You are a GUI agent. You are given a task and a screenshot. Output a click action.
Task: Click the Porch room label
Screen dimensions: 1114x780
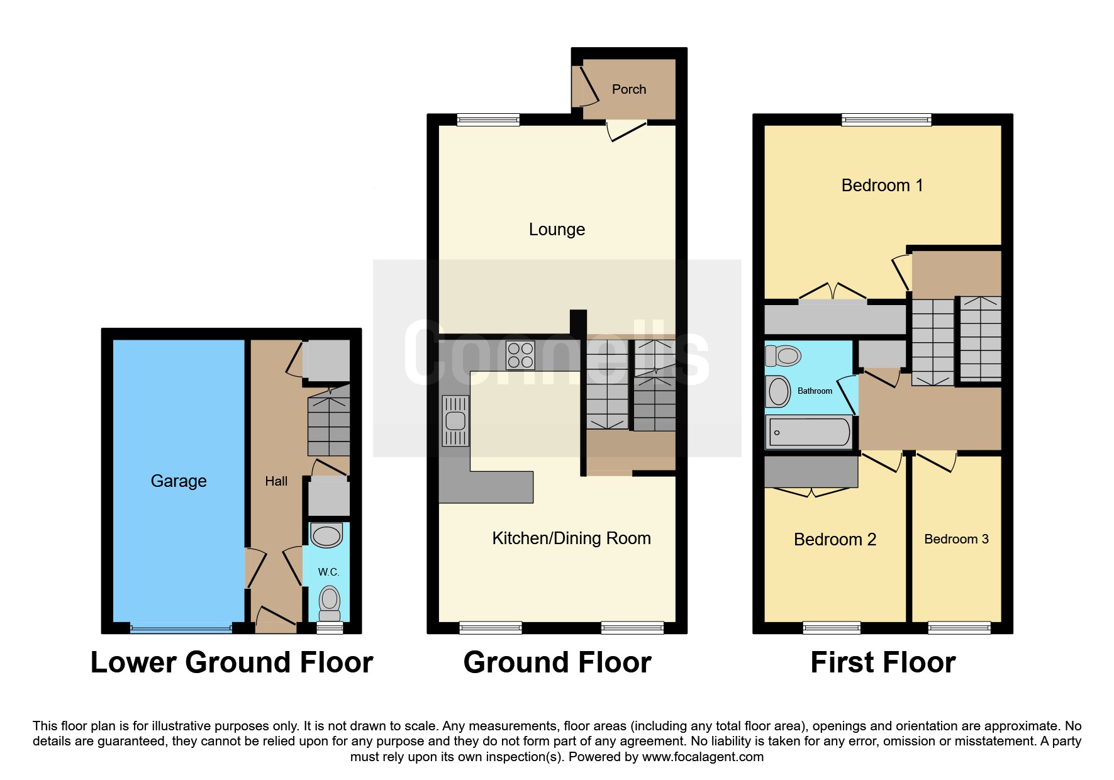coord(629,89)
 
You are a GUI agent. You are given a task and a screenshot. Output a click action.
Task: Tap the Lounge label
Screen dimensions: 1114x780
coord(557,230)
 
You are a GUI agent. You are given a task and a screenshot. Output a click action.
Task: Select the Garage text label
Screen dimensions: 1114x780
coord(179,481)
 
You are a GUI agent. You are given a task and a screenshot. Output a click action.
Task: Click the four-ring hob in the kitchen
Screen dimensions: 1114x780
coord(520,355)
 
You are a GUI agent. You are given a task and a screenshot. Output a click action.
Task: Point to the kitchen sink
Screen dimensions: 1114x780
coord(455,420)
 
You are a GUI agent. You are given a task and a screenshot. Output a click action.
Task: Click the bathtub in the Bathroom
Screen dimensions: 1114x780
coord(810,432)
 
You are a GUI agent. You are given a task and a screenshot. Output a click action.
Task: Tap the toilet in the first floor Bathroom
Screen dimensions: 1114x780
coord(783,356)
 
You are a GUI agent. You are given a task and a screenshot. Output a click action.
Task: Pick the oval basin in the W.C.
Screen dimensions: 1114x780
coord(326,537)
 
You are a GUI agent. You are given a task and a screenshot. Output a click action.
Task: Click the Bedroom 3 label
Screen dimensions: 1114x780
coord(956,539)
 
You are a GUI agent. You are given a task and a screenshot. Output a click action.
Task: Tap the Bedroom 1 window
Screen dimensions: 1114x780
coord(886,120)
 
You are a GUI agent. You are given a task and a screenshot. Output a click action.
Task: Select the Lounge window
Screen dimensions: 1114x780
coord(488,120)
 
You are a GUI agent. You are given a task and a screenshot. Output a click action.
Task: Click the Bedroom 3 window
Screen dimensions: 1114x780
coord(959,627)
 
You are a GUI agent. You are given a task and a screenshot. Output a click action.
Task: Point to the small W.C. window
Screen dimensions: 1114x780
coord(330,628)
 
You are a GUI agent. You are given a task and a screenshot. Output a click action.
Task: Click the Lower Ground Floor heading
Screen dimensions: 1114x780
coord(232,662)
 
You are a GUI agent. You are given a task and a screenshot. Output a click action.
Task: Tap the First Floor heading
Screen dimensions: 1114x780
coord(883,662)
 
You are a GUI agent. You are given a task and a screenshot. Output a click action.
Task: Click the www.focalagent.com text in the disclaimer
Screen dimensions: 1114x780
coord(703,757)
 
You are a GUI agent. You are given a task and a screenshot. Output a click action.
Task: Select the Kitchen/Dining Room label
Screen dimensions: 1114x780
coord(571,538)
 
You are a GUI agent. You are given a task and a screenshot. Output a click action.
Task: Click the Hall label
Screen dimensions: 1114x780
coord(276,481)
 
